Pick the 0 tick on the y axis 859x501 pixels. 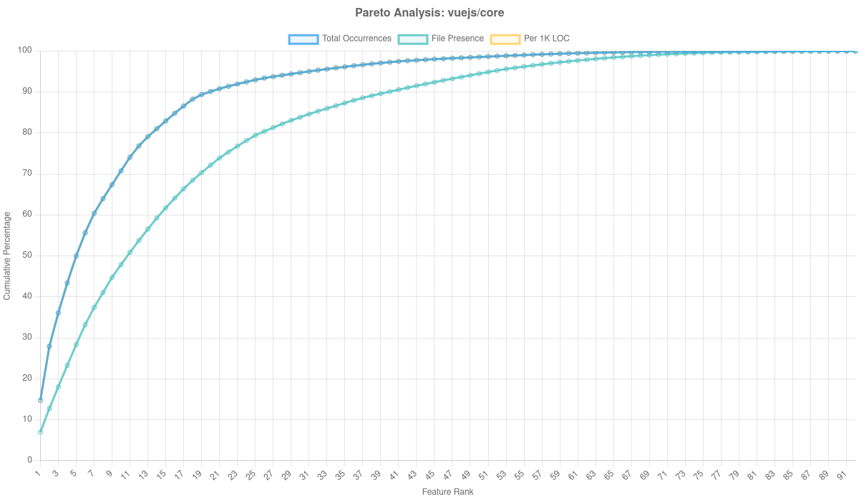pos(30,459)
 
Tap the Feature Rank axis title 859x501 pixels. pos(447,492)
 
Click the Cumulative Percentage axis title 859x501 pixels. pos(7,255)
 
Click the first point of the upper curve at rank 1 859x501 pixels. pos(40,400)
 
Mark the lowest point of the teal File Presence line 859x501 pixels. pos(40,432)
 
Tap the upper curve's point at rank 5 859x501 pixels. pos(76,256)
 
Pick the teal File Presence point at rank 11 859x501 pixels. pos(130,253)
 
